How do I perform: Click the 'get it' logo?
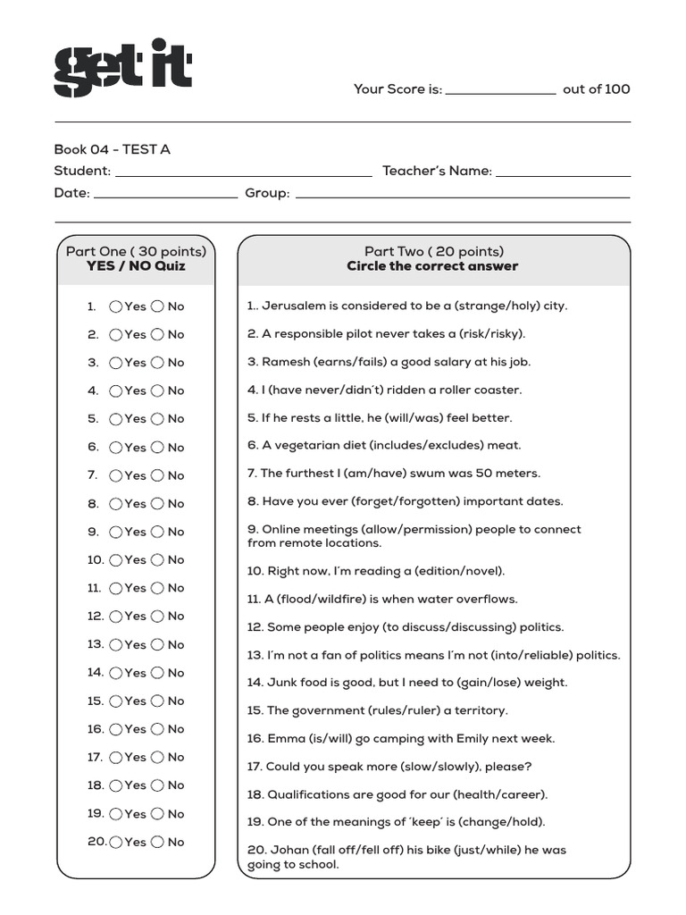(122, 68)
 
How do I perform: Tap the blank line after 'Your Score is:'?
(500, 92)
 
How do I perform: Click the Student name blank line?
(243, 174)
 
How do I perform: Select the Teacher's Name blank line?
(563, 174)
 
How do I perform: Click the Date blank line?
(165, 196)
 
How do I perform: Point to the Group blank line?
(462, 196)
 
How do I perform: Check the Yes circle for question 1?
(116, 306)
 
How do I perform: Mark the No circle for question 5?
(157, 419)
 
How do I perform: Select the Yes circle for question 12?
(116, 617)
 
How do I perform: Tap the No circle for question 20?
(157, 842)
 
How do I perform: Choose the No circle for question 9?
(157, 532)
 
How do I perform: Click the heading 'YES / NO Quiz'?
(136, 266)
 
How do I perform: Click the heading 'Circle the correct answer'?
(432, 266)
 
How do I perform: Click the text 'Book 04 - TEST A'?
(112, 149)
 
